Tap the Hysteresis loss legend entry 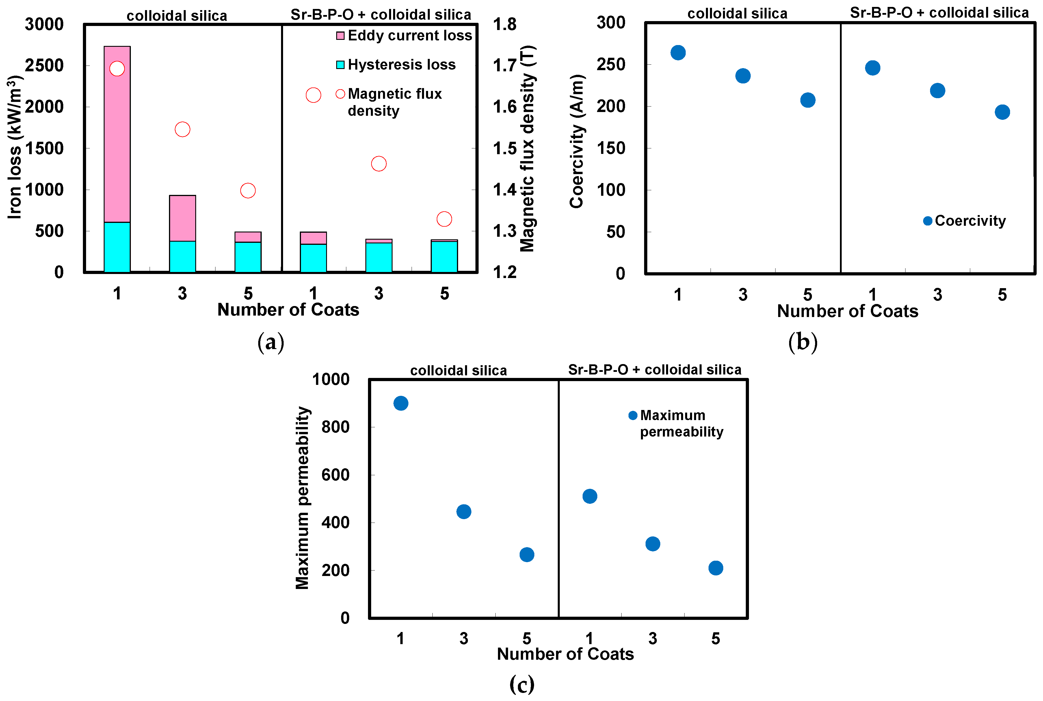pos(396,65)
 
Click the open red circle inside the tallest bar pos(117,68)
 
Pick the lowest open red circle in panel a pos(444,219)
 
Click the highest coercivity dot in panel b pos(678,53)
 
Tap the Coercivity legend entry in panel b pos(965,221)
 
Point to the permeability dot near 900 pos(401,403)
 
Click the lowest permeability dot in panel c pos(716,568)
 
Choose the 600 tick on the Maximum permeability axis pos(335,475)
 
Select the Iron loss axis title pos(14,148)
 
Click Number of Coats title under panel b pos(847,311)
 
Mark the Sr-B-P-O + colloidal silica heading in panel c pos(654,370)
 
